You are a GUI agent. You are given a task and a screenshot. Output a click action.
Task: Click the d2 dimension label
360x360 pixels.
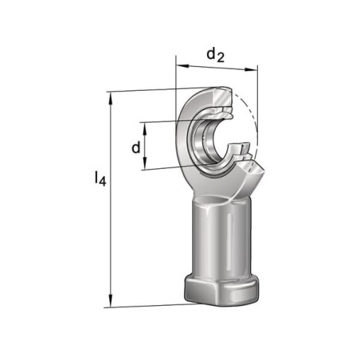[x=215, y=56]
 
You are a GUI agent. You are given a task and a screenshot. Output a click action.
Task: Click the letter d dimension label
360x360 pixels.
[x=136, y=147]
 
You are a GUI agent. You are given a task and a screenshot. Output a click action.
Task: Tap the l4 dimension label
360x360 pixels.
[x=100, y=178]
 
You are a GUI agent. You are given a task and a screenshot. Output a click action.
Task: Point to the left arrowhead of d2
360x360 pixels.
[x=182, y=65]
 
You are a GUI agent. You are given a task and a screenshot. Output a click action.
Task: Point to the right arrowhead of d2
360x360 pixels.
[x=251, y=69]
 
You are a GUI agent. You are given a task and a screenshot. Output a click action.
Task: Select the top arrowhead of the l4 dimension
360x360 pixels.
[x=111, y=98]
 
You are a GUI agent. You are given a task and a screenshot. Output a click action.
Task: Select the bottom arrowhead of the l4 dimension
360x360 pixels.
[x=111, y=301]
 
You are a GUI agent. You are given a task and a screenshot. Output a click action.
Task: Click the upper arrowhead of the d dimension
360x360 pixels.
[x=145, y=129]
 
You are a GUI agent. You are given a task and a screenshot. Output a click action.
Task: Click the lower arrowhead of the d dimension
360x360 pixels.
[x=145, y=163]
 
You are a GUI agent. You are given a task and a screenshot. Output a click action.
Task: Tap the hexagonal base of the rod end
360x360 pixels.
[x=221, y=290]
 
